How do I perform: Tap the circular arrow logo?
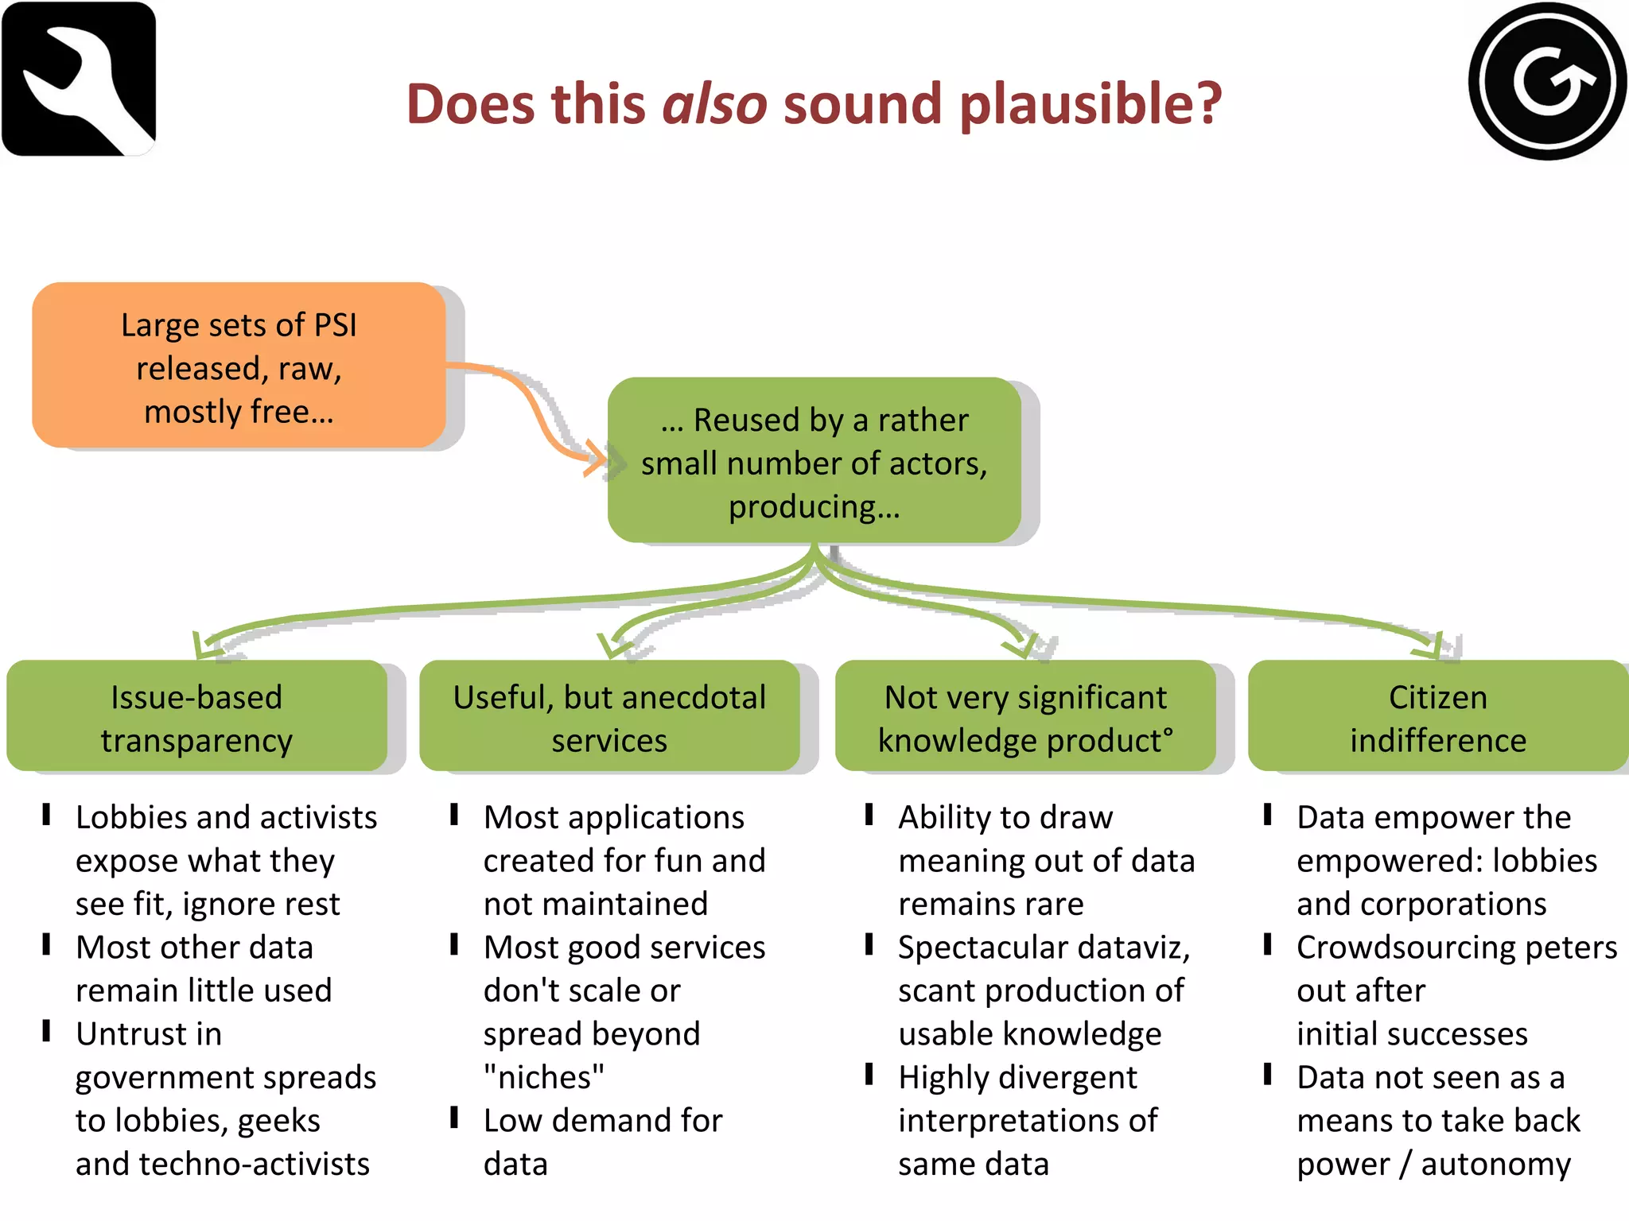[1547, 81]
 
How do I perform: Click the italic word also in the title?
[714, 104]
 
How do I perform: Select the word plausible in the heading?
[1090, 104]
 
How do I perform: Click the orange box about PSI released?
[239, 366]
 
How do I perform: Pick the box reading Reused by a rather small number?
[814, 462]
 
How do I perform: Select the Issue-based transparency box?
[196, 717]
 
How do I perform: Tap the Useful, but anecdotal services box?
[609, 717]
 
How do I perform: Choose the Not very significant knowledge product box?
[1025, 717]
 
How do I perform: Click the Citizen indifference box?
[1437, 717]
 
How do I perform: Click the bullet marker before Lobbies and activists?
[47, 815]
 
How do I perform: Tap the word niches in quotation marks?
[544, 1078]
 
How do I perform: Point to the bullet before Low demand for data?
[454, 1118]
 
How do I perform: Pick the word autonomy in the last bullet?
[1495, 1165]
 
